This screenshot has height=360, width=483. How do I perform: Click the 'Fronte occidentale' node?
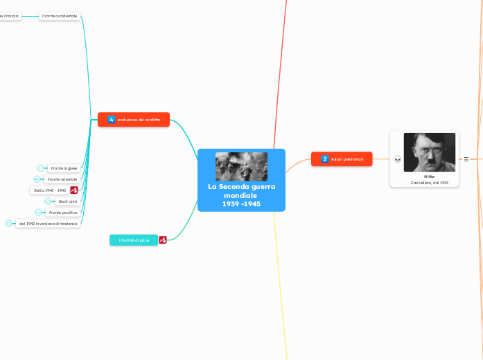point(60,15)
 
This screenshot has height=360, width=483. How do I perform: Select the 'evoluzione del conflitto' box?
point(139,120)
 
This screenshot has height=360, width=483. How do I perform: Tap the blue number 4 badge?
point(112,120)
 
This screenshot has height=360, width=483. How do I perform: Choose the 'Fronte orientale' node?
point(62,179)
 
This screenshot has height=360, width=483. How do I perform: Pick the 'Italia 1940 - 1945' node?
point(50,190)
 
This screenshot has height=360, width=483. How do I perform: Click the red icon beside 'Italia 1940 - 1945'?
point(74,190)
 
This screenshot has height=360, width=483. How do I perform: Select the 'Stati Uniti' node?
point(68,201)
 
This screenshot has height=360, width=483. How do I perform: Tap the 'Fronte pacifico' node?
point(63,213)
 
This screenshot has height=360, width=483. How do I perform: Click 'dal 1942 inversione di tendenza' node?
point(49,224)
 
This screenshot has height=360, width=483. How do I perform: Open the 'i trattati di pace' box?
point(134,240)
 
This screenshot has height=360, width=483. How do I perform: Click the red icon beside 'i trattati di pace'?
point(163,240)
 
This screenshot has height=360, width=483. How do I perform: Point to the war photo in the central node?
point(241,166)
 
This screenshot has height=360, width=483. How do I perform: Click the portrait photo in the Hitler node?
point(429,152)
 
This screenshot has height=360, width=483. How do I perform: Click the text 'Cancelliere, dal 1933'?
point(429,183)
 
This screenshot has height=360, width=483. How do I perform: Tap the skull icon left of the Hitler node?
point(398,159)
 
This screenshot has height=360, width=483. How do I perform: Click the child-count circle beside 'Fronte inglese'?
point(41,168)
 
